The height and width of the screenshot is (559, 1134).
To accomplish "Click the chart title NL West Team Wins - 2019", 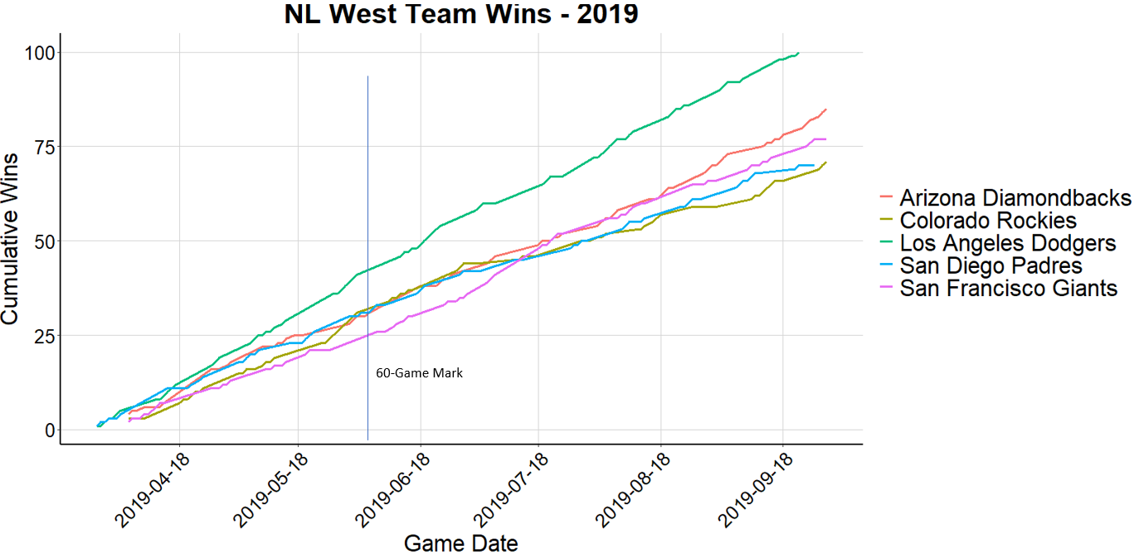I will point(461,14).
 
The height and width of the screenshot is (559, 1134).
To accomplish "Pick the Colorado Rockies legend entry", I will point(988,221).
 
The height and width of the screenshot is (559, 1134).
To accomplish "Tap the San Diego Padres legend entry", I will point(990,265).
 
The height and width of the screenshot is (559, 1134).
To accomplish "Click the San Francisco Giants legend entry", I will point(1008,288).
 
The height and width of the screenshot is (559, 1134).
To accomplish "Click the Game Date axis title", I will point(461,544).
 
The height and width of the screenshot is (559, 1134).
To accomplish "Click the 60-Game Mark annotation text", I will point(420,373).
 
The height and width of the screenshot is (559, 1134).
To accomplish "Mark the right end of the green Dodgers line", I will point(798,53).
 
